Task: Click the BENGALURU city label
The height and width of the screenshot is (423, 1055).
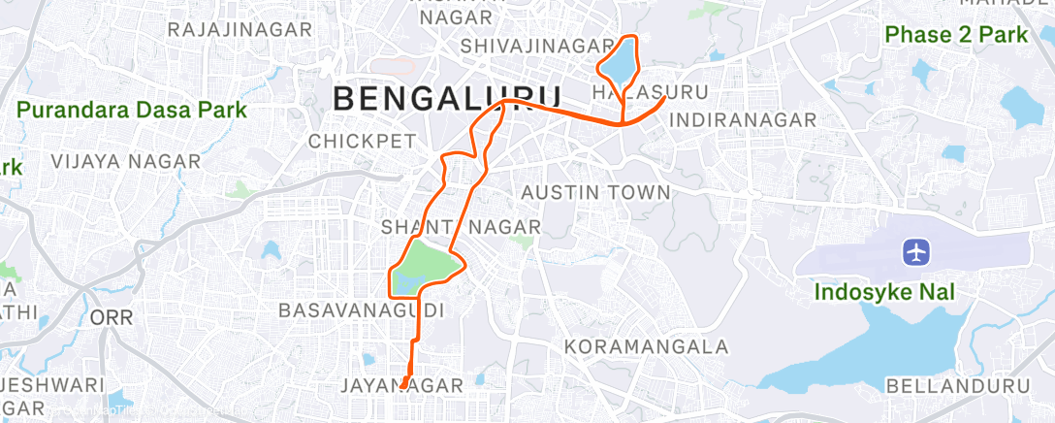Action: (447, 98)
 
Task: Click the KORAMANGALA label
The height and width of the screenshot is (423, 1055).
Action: (646, 346)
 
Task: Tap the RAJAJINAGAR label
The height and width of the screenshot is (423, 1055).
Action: (240, 30)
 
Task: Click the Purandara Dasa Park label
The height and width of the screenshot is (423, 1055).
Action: (132, 109)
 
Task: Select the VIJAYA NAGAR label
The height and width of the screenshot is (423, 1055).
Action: (126, 161)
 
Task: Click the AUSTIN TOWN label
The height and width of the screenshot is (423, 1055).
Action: (595, 193)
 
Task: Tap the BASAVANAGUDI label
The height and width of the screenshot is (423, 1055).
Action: (361, 310)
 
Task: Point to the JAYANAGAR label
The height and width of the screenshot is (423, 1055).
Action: (401, 386)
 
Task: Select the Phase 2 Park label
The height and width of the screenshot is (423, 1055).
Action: (956, 35)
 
